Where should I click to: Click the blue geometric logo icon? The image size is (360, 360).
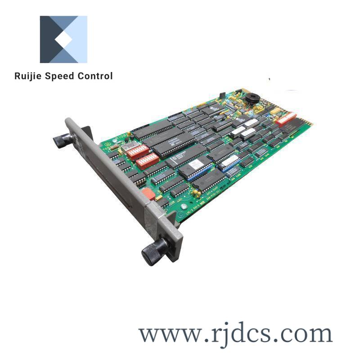(63, 40)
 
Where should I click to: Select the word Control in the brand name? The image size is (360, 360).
(94, 76)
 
